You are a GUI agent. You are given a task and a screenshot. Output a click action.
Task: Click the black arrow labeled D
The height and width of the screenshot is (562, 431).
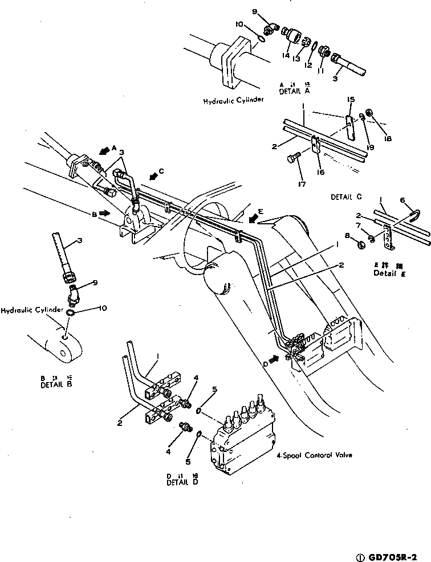point(273,359)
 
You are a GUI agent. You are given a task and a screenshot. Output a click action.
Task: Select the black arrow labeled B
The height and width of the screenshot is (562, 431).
point(104,213)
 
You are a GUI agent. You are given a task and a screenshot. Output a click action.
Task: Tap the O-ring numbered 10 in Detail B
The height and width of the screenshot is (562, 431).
point(69,313)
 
